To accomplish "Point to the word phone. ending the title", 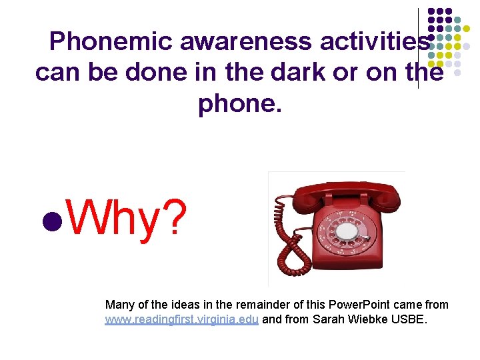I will pos(240,103).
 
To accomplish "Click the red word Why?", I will pos(127,217).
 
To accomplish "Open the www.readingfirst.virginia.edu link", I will pos(181,320).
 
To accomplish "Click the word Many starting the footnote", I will pos(119,305).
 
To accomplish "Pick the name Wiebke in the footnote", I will pos(375,320).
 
